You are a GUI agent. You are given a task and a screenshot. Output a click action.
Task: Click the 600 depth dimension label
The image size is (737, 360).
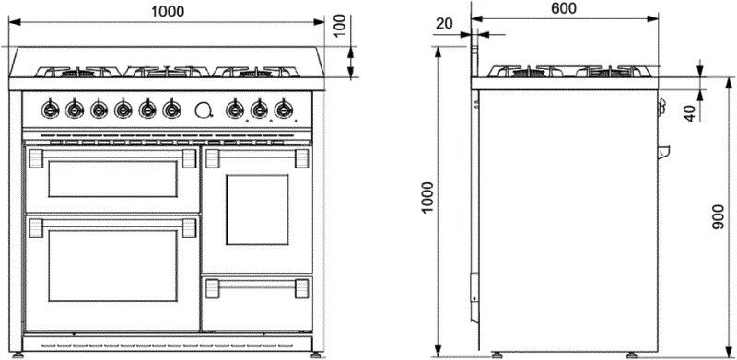(x=564, y=8)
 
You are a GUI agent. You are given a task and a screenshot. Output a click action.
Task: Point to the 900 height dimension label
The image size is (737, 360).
(x=721, y=217)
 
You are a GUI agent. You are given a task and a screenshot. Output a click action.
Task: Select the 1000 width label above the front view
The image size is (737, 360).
(x=167, y=10)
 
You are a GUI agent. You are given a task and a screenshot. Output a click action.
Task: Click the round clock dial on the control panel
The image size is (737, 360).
(x=203, y=109)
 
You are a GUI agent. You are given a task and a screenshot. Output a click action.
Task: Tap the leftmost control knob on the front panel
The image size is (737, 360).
(x=51, y=110)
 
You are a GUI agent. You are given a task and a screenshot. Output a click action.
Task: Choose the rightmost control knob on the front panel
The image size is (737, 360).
(x=282, y=110)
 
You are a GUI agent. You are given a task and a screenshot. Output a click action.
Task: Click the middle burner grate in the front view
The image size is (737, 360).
(x=167, y=71)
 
